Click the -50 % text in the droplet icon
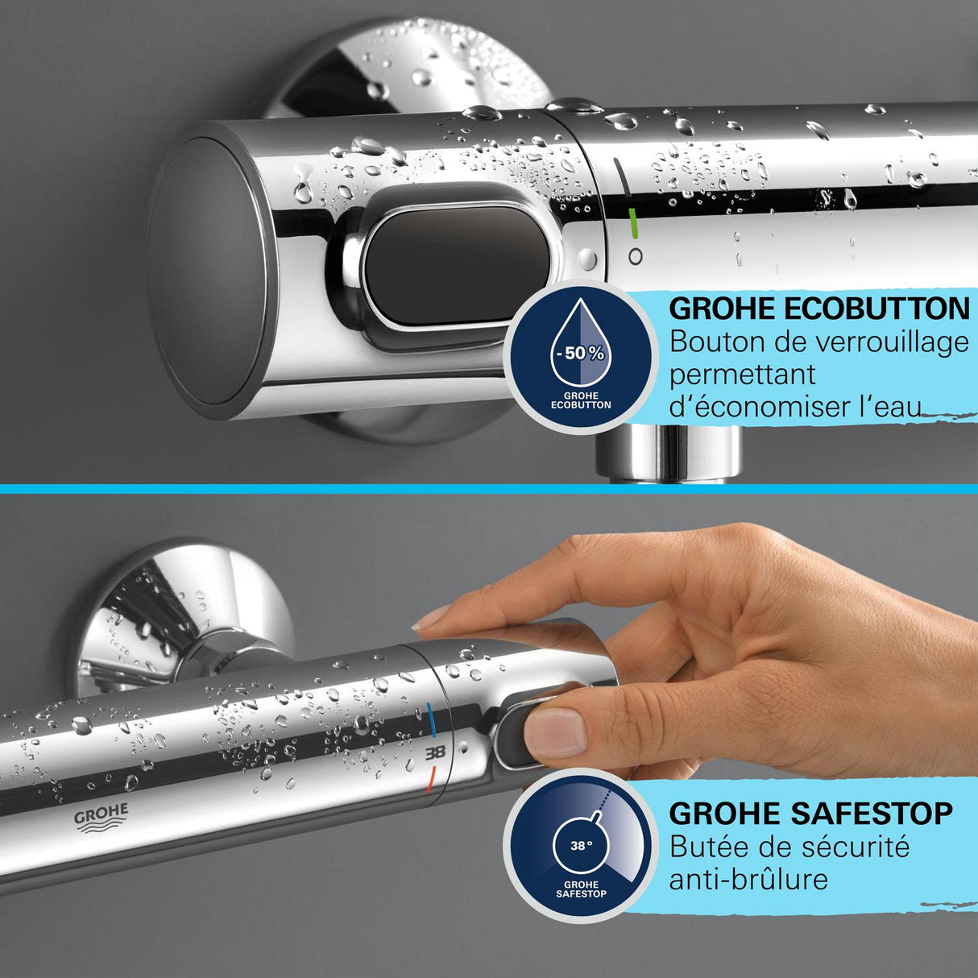point(579,353)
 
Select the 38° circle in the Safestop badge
point(581,847)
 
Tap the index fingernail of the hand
point(431,618)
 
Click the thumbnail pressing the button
point(555,732)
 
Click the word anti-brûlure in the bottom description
point(748,878)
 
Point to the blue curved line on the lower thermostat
point(433,722)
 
